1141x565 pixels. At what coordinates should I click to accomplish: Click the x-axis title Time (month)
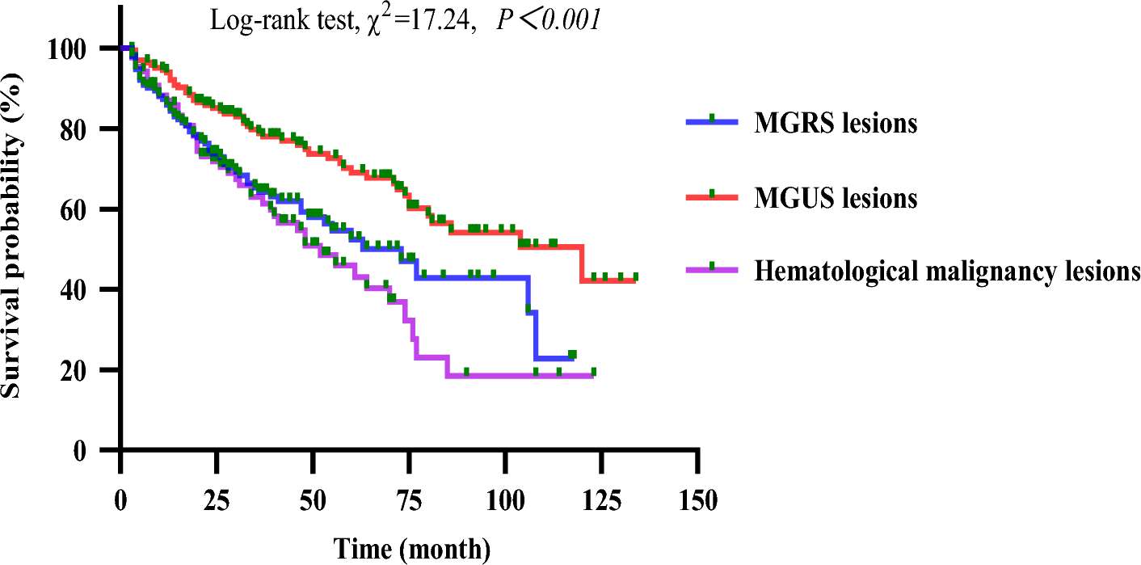coord(412,549)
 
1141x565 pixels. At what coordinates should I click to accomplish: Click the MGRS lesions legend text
coord(836,124)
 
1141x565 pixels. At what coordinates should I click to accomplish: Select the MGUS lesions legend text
coord(836,198)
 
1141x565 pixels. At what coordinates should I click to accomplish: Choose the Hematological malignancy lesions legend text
coord(947,272)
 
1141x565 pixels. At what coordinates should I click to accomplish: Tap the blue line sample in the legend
coord(712,121)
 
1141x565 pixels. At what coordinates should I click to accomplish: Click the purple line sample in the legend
coord(712,269)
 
